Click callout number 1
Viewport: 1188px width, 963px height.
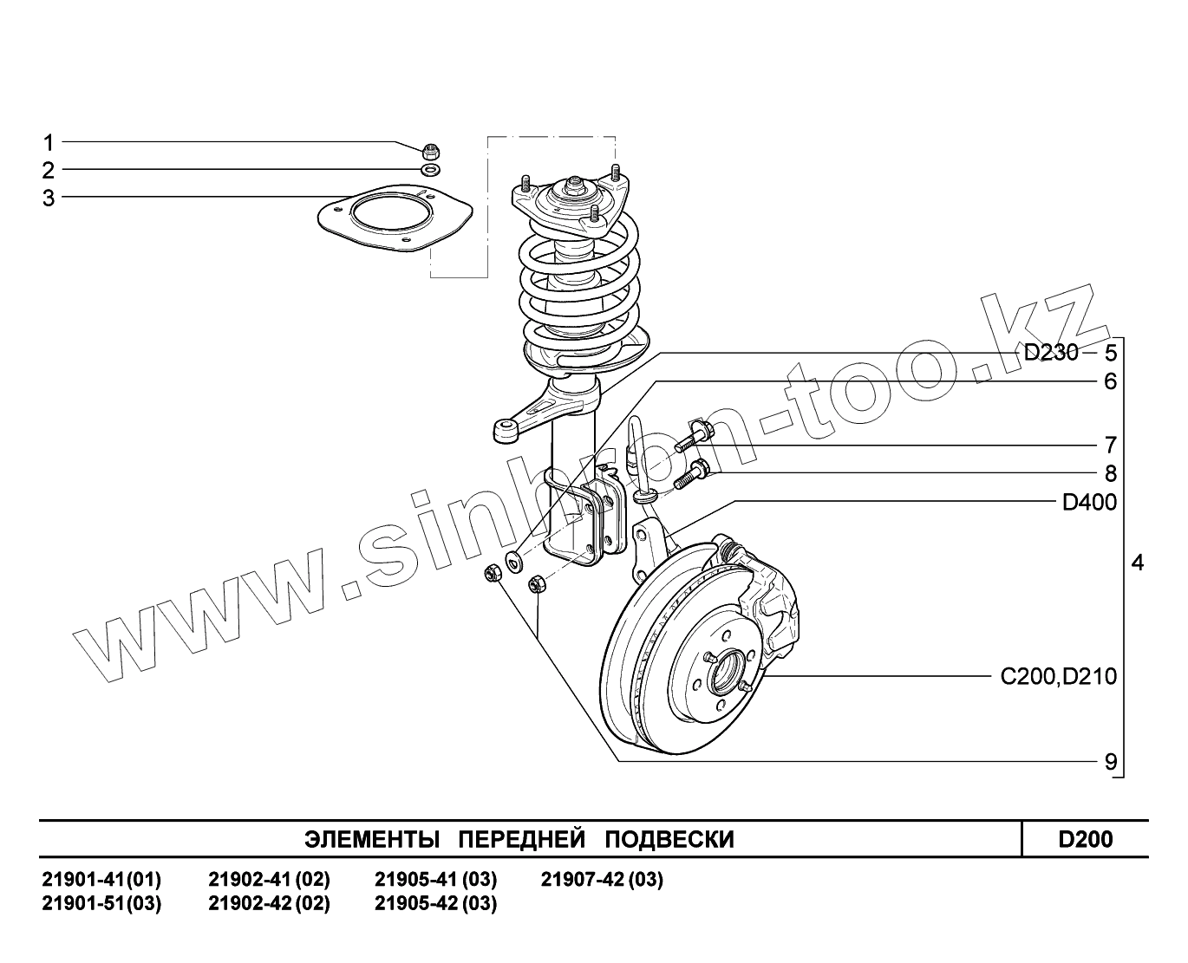pyautogui.click(x=49, y=142)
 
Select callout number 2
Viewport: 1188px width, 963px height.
pyautogui.click(x=49, y=170)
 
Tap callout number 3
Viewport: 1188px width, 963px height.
pyautogui.click(x=49, y=198)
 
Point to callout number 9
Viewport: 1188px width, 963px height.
pyautogui.click(x=1110, y=763)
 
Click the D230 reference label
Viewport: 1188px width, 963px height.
pyautogui.click(x=1051, y=353)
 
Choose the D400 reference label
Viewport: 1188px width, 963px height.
pyautogui.click(x=1089, y=503)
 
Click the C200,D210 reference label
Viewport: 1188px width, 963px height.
pyautogui.click(x=1058, y=676)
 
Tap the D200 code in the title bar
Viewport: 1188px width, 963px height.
pyautogui.click(x=1085, y=840)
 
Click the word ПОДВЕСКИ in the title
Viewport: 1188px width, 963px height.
pyautogui.click(x=669, y=840)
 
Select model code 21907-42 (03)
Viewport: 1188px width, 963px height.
pyautogui.click(x=602, y=881)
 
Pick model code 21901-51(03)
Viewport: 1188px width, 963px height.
pyautogui.click(x=101, y=904)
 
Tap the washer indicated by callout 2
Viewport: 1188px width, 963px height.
pyautogui.click(x=431, y=169)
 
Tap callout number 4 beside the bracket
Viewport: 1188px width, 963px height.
pyautogui.click(x=1137, y=563)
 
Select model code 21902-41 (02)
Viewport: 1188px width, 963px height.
pyautogui.click(x=269, y=881)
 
